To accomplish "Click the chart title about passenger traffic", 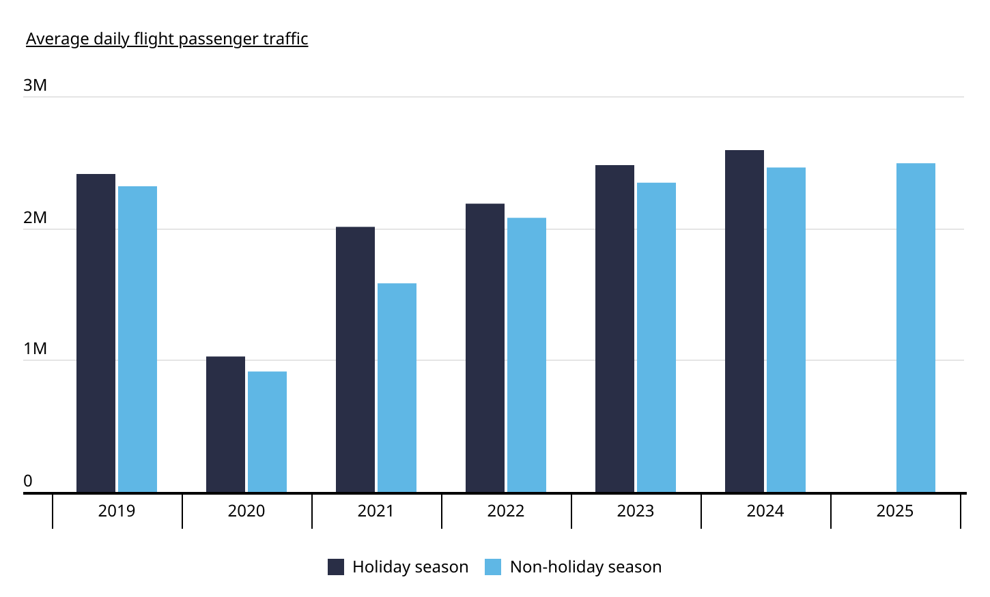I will pyautogui.click(x=167, y=39).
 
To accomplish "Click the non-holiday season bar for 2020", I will pyautogui.click(x=267, y=432).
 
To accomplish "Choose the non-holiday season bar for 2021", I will pyautogui.click(x=397, y=388).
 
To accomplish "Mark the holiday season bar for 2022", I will pyautogui.click(x=485, y=348).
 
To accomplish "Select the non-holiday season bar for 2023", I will pyautogui.click(x=656, y=337).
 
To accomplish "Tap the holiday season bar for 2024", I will pyautogui.click(x=744, y=321).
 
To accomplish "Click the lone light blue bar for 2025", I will pyautogui.click(x=916, y=327).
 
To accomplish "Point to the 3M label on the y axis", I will pyautogui.click(x=35, y=85).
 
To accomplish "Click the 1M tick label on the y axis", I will pyautogui.click(x=35, y=349).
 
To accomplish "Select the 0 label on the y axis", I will pyautogui.click(x=28, y=481).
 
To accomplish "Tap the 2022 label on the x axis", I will pyautogui.click(x=505, y=511).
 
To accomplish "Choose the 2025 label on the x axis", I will pyautogui.click(x=894, y=511).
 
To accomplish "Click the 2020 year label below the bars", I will pyautogui.click(x=246, y=511).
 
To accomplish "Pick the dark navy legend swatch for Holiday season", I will pyautogui.click(x=336, y=567).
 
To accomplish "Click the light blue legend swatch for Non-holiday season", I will pyautogui.click(x=493, y=567).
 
